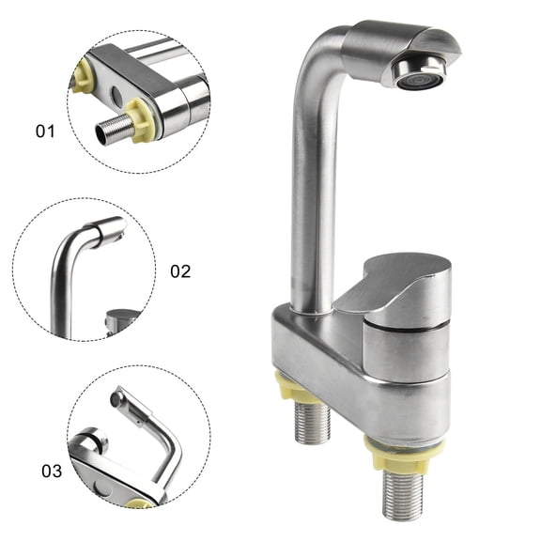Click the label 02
[x=179, y=271]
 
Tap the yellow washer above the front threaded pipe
[x=407, y=449]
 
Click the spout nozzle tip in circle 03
[x=117, y=400]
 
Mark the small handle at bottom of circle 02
[x=122, y=319]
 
